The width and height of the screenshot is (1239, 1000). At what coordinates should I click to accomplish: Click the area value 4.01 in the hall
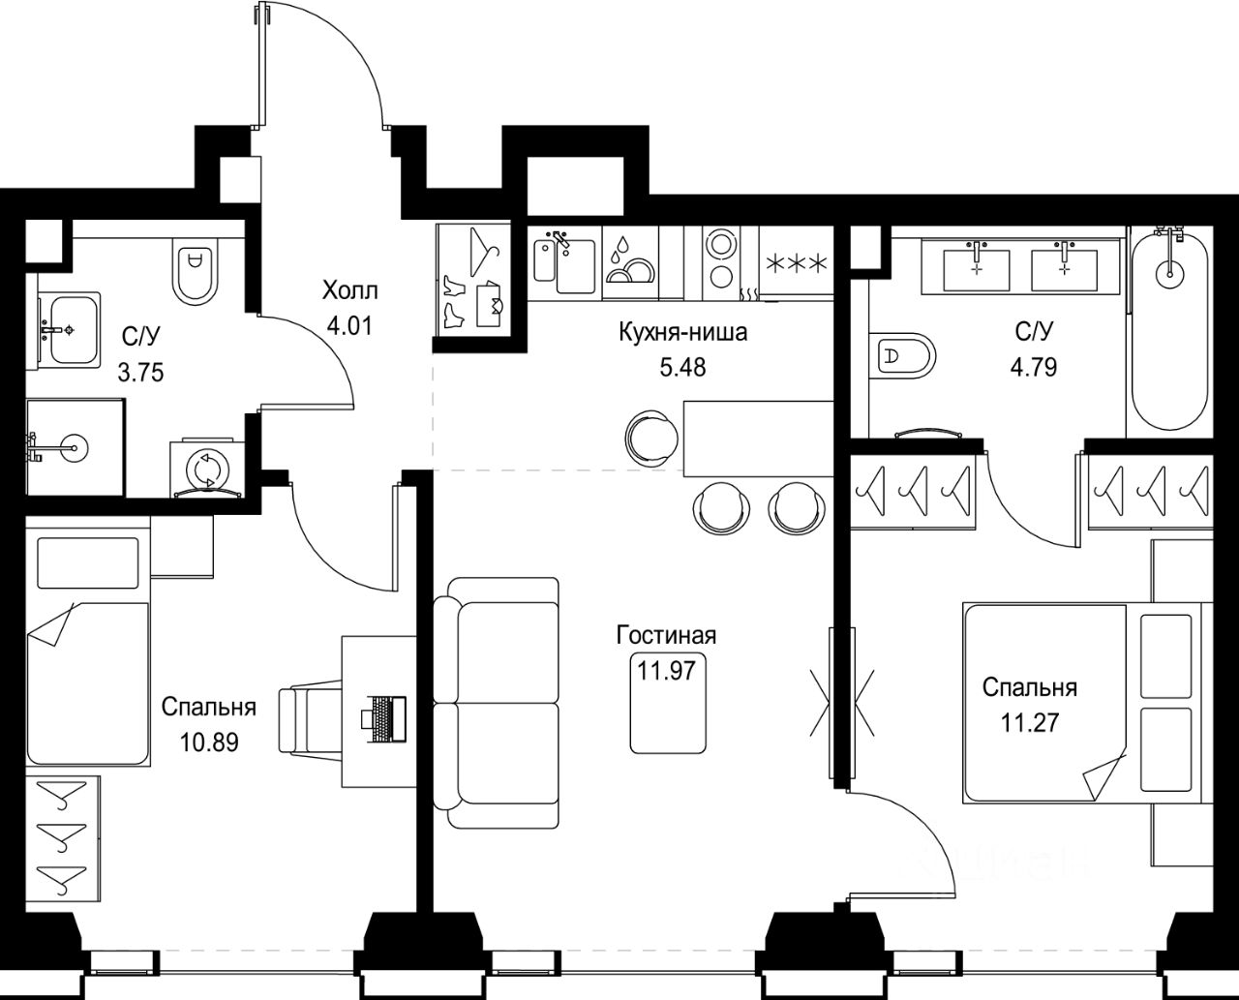pyautogui.click(x=349, y=326)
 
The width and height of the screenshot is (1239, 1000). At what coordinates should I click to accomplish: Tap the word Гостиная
pyautogui.click(x=666, y=636)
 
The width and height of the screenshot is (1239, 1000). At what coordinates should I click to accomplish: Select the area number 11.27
pyautogui.click(x=1030, y=723)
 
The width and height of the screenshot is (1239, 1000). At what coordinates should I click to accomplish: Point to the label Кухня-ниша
pyautogui.click(x=683, y=333)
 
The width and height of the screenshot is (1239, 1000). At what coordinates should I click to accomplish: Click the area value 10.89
pyautogui.click(x=209, y=742)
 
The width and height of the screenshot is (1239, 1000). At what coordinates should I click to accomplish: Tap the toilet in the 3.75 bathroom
pyautogui.click(x=196, y=273)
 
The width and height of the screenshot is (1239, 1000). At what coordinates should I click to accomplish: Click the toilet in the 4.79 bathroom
pyautogui.click(x=902, y=355)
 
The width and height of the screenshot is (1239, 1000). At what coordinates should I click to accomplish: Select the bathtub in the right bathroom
pyautogui.click(x=1169, y=330)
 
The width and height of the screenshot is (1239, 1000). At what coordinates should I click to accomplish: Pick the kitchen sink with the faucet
pyautogui.click(x=565, y=264)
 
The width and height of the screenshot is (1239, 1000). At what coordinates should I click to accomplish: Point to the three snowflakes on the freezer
pyautogui.click(x=795, y=264)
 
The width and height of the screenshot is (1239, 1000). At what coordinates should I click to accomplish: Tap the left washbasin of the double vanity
pyautogui.click(x=977, y=270)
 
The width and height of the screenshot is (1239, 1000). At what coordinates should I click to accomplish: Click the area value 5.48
pyautogui.click(x=683, y=368)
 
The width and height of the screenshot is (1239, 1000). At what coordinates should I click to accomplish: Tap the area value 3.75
pyautogui.click(x=140, y=372)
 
